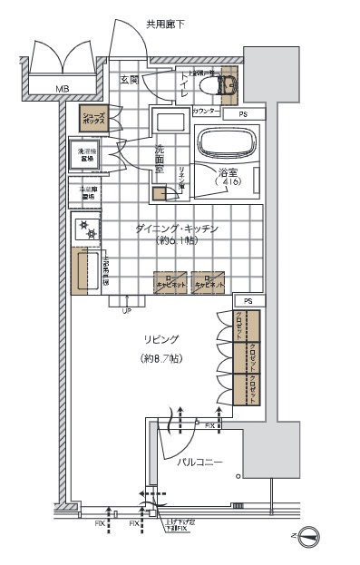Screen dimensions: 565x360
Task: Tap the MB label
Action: pos(62,89)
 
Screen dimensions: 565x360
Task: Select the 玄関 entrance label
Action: pos(129,80)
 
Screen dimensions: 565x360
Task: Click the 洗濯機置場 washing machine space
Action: pos(89,155)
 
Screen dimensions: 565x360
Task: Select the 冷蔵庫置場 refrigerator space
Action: pos(88,192)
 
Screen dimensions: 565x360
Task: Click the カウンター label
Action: pos(206,111)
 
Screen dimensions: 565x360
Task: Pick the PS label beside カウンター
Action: pos(242,115)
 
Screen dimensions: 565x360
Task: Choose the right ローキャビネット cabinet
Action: pos(208,281)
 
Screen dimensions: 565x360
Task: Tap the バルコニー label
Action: pos(199,463)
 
